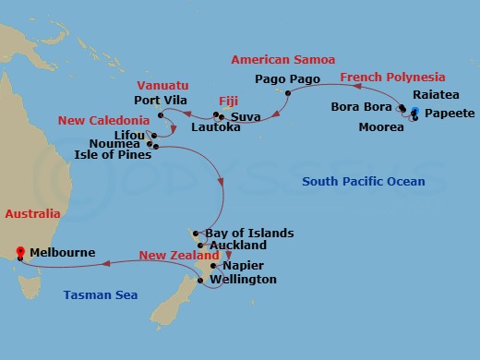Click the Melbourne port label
(x=62, y=251)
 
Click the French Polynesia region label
(x=392, y=78)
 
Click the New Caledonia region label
(x=103, y=121)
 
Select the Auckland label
(x=238, y=246)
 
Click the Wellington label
(x=243, y=279)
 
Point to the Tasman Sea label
(x=101, y=295)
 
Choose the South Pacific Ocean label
(x=364, y=182)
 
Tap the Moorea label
(x=380, y=127)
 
